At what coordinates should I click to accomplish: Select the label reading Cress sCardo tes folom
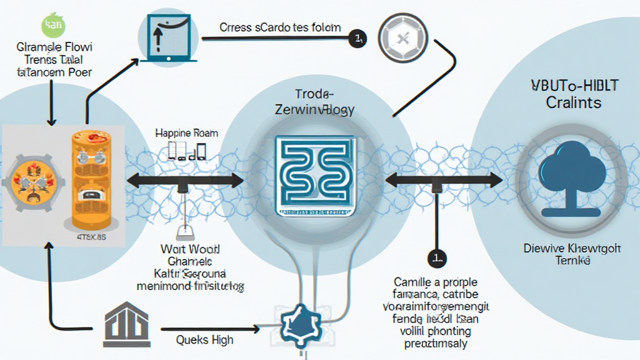[280, 27]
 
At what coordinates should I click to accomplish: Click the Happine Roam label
[187, 133]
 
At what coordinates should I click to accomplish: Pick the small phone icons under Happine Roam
[187, 151]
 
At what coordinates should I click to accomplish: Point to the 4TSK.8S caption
[92, 238]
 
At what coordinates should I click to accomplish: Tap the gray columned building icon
[126, 326]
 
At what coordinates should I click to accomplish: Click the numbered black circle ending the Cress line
[358, 39]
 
